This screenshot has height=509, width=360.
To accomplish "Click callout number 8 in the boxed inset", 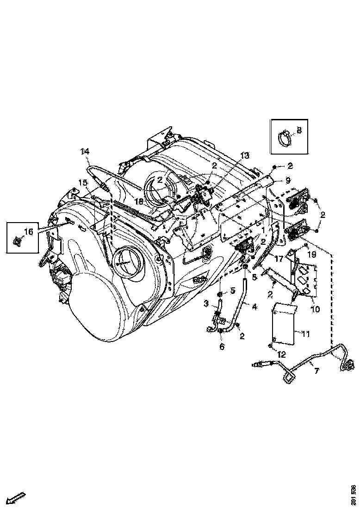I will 299,130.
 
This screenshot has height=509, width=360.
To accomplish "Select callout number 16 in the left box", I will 29,231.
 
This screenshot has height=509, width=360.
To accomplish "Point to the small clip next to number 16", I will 18,241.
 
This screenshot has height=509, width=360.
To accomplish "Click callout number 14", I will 85,151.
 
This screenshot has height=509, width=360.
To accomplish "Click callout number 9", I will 288,180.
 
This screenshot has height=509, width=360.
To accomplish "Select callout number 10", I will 315,309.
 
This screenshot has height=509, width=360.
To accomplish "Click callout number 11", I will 305,333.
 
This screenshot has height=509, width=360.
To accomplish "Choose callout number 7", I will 317,371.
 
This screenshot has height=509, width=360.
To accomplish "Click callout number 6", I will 222,347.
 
